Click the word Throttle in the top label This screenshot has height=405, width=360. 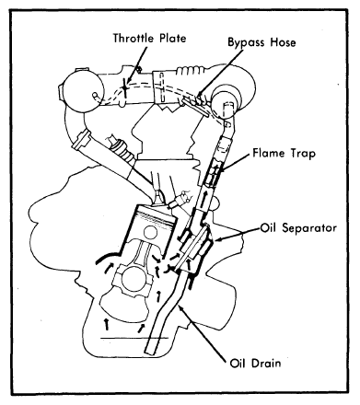click(x=134, y=38)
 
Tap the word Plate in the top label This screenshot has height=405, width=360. click(x=173, y=38)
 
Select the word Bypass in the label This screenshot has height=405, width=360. click(x=247, y=42)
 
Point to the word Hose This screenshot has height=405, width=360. click(x=283, y=41)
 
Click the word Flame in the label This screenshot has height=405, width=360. click(x=268, y=153)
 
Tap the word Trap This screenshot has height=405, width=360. click(x=302, y=153)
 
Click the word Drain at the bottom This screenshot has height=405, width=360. click(x=265, y=363)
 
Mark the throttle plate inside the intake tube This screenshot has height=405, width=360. click(x=125, y=88)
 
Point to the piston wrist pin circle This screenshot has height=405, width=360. click(x=150, y=233)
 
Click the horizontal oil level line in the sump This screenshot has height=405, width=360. click(x=134, y=338)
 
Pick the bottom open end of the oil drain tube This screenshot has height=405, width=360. click(x=153, y=353)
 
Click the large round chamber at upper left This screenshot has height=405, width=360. click(x=82, y=91)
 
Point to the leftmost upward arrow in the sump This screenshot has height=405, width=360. click(x=107, y=324)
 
